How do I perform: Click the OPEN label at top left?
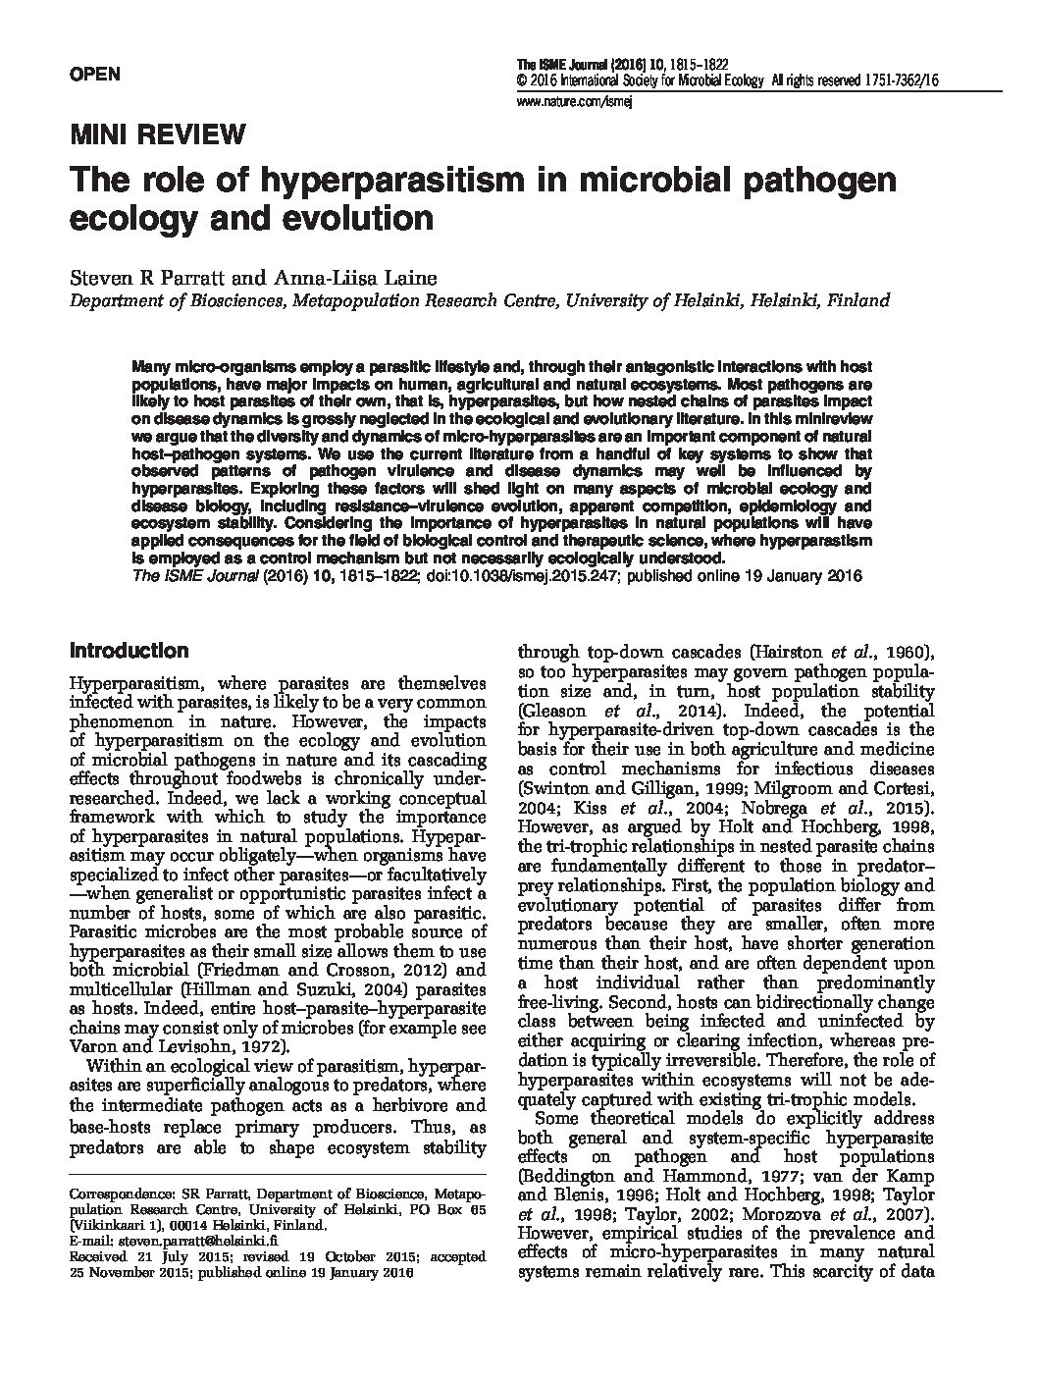[x=94, y=75]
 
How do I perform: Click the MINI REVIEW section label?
[x=156, y=135]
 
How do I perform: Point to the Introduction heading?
[x=129, y=651]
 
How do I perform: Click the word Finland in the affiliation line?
[x=859, y=300]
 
